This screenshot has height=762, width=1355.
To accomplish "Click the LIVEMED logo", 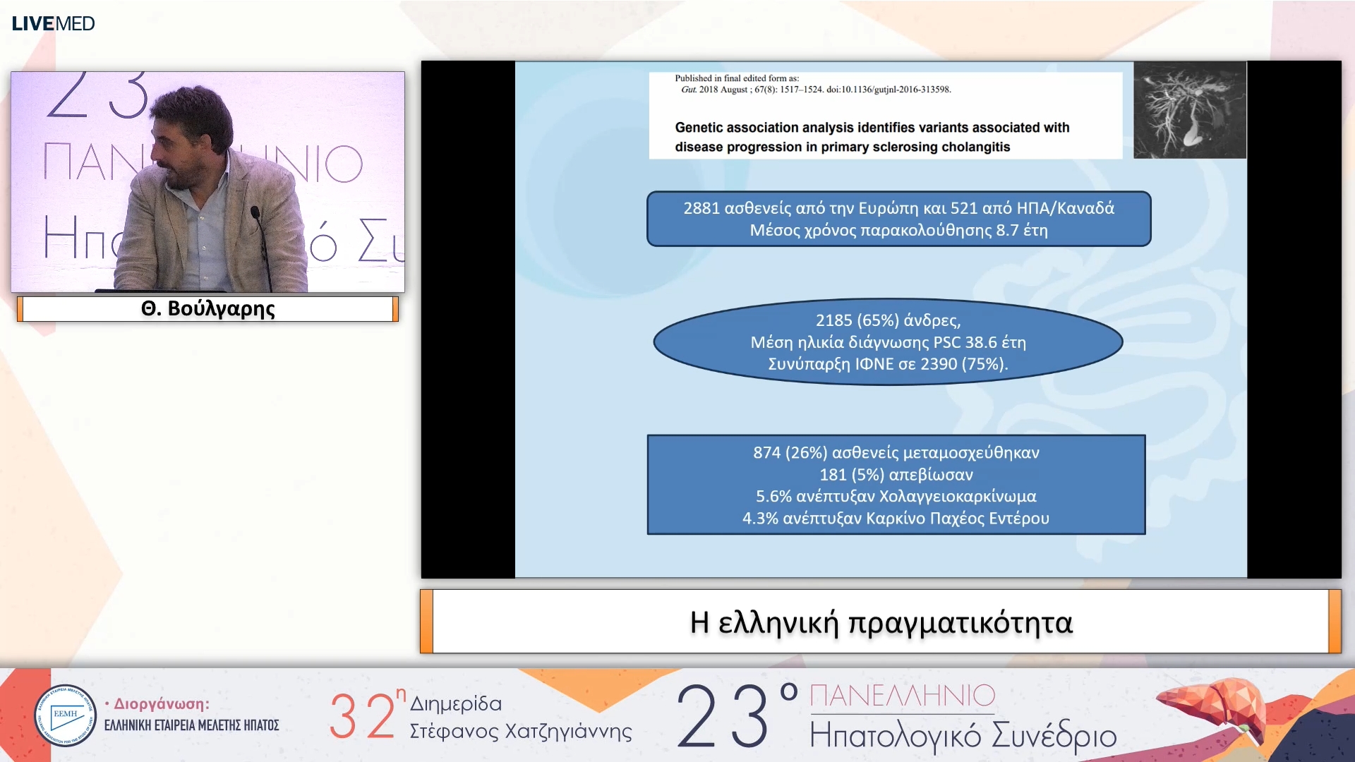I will click(53, 23).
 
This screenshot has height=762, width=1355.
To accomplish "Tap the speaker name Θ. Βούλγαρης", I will click(207, 309).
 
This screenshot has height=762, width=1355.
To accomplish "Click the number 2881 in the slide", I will click(701, 208).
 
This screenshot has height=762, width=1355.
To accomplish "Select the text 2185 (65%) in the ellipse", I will click(857, 320).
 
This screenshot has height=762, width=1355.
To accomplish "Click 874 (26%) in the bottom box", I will click(790, 452).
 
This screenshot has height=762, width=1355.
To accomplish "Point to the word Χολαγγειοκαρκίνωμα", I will click(957, 496).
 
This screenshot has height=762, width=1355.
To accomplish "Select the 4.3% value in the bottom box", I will click(760, 518).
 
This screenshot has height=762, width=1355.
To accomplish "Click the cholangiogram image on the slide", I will click(1189, 110).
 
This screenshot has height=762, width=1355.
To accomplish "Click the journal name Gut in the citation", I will click(688, 90).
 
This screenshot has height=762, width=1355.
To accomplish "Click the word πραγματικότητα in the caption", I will click(960, 622).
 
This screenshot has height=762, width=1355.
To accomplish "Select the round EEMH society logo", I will click(65, 715).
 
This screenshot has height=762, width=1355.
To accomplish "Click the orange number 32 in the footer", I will click(361, 715).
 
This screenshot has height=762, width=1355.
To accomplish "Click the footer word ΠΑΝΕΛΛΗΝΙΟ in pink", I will click(902, 696).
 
